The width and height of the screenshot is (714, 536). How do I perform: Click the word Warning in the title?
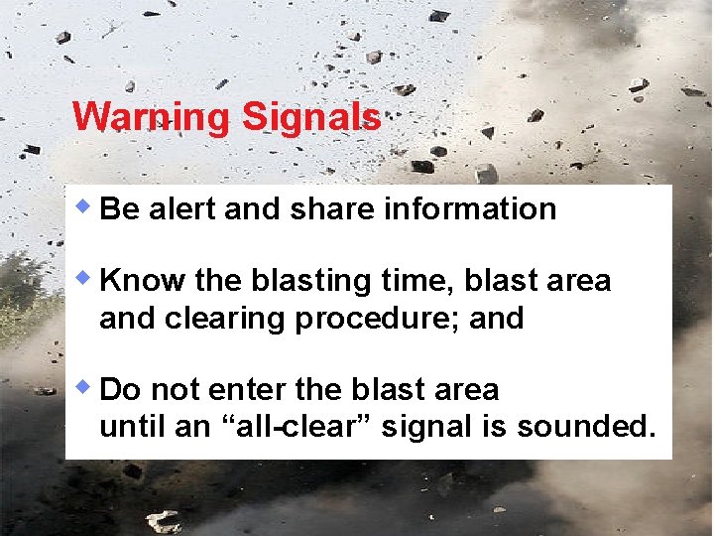click(151, 117)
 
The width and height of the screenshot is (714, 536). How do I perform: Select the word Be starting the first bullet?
click(119, 208)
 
